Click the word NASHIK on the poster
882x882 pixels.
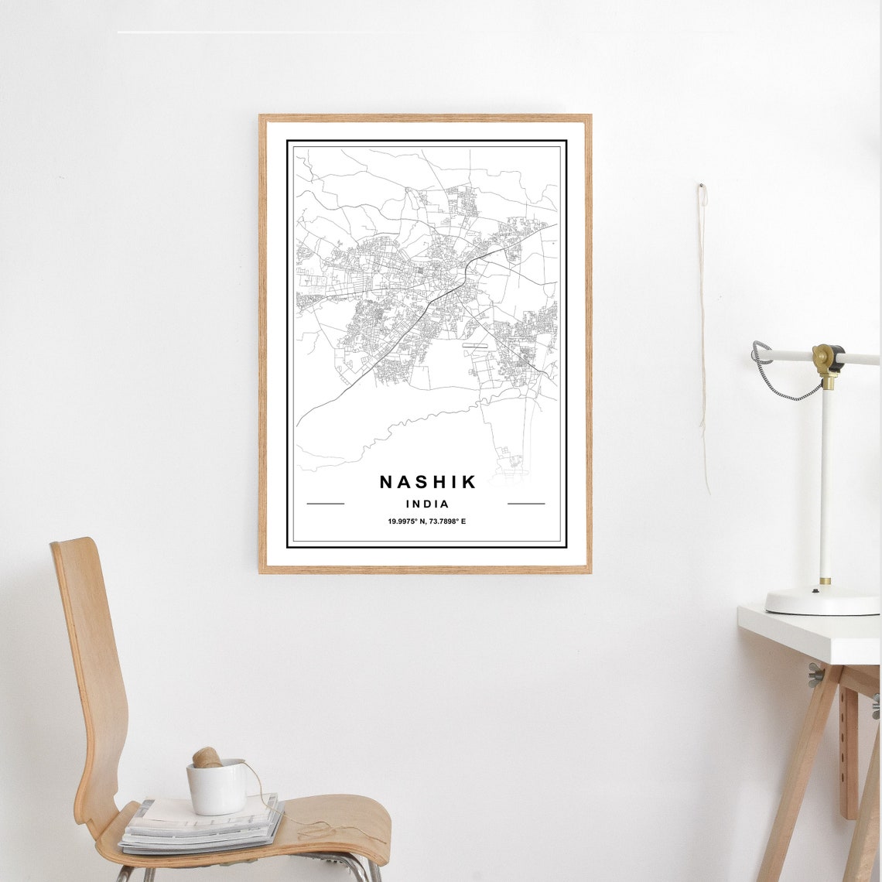click(428, 482)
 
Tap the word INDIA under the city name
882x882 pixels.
click(426, 504)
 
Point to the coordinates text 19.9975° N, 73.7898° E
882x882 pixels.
click(427, 521)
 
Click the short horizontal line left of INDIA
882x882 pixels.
click(325, 504)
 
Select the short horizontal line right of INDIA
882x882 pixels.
click(526, 504)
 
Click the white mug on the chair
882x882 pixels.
click(217, 788)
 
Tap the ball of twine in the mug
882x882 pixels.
click(207, 757)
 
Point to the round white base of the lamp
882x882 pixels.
click(822, 600)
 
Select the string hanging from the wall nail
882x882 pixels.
click(703, 333)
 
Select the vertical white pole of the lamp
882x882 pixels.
click(826, 480)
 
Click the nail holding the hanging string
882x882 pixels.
click(702, 186)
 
